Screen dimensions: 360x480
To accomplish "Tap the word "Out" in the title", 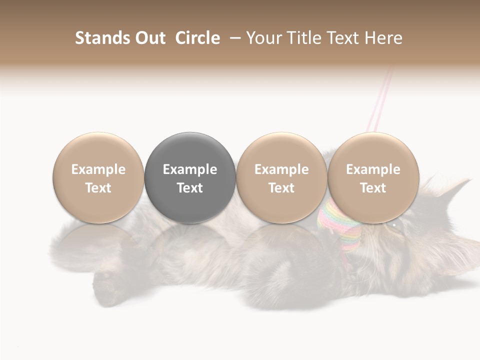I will coord(149,38).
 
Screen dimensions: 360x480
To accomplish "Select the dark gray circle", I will coord(190,178).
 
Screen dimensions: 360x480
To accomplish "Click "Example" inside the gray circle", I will coord(190,169).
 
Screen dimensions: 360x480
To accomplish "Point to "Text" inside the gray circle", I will coord(190,188).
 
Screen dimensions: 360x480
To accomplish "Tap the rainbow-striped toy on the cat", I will coord(339,225).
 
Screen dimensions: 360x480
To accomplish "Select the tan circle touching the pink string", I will coord(373,178).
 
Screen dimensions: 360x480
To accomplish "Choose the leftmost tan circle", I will coord(98,178).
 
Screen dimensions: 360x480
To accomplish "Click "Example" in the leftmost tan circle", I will coord(98,169).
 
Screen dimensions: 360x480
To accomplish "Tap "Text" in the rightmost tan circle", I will coord(373,188).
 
